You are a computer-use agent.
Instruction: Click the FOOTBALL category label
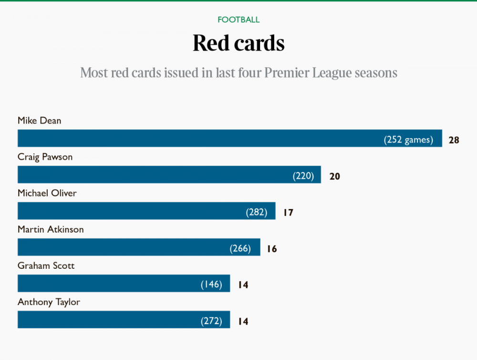(x=238, y=20)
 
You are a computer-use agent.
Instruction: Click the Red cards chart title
(x=238, y=43)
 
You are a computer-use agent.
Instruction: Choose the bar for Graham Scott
(x=105, y=284)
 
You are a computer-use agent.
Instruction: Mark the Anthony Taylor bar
(x=105, y=320)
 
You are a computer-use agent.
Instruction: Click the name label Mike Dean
(x=40, y=121)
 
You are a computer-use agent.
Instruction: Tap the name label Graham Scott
(x=46, y=266)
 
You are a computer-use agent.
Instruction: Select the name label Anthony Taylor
(x=49, y=302)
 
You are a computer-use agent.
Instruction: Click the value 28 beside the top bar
(x=454, y=140)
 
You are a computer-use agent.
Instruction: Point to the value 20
(x=334, y=177)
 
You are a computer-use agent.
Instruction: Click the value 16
(x=271, y=249)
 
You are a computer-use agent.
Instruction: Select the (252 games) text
(x=408, y=140)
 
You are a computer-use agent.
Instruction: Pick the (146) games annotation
(x=211, y=285)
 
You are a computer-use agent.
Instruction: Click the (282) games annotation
(x=257, y=212)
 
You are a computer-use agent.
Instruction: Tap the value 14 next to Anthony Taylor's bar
(x=243, y=322)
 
